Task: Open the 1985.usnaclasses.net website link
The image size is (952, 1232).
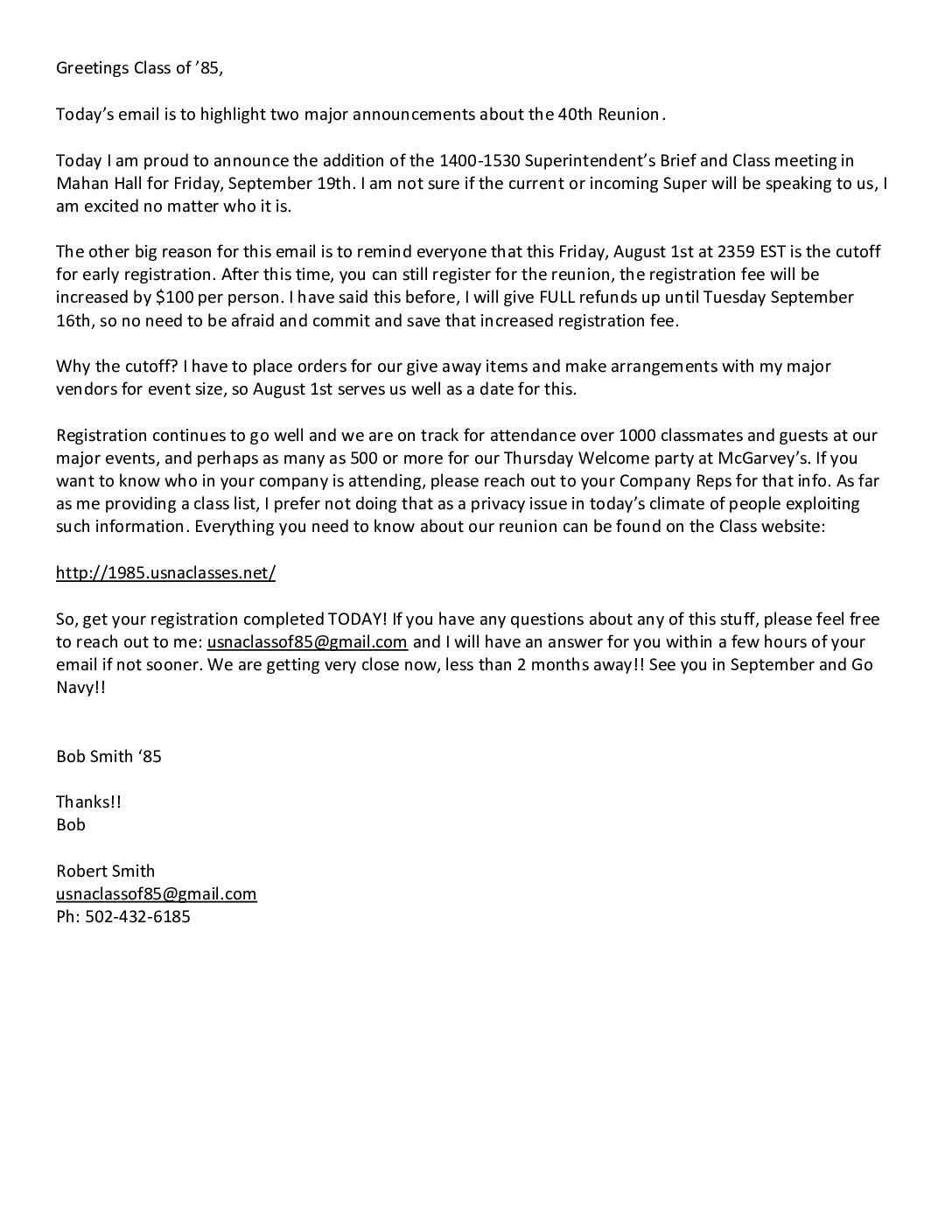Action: (165, 573)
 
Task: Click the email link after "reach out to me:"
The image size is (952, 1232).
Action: (307, 641)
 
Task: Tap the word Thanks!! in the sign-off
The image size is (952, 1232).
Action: (88, 801)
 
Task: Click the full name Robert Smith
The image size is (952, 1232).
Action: (105, 871)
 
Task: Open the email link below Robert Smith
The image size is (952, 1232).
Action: (156, 893)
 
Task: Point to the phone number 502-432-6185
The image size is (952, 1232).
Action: (137, 917)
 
